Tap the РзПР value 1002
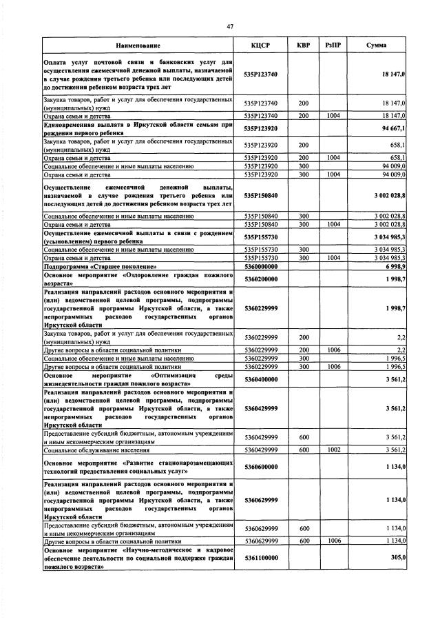(x=334, y=450)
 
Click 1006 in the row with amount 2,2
(x=334, y=350)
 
